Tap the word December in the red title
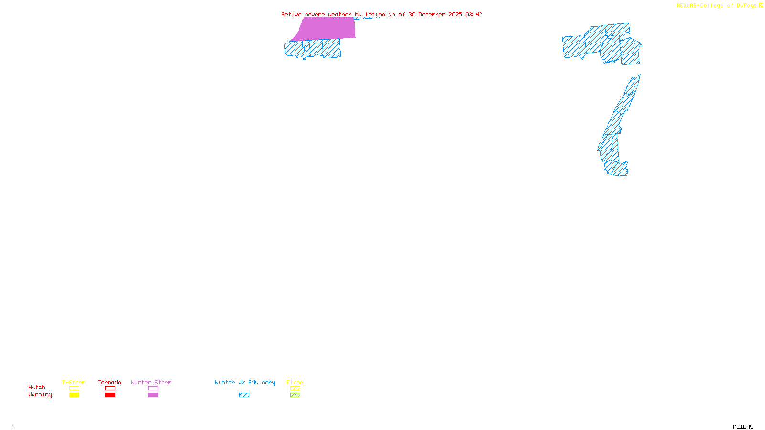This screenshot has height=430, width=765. point(432,14)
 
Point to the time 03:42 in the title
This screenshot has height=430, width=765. point(473,14)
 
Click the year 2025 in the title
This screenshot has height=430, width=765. point(455,14)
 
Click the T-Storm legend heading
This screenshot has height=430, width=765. point(74,382)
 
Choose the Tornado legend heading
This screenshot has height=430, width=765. point(109,382)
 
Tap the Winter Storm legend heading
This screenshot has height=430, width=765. point(151,382)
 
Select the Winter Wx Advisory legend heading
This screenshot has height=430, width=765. point(245,382)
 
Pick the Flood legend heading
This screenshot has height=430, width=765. point(295,382)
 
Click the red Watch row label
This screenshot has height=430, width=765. point(37,387)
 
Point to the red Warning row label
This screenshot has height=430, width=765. point(40,395)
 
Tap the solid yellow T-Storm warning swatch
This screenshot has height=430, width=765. point(74,395)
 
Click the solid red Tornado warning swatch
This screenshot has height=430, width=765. point(110,395)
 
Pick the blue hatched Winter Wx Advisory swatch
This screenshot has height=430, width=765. point(244,395)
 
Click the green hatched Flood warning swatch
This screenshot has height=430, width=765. point(295,395)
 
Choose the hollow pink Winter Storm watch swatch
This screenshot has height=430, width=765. point(153,388)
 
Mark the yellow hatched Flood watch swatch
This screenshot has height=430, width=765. point(295,388)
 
